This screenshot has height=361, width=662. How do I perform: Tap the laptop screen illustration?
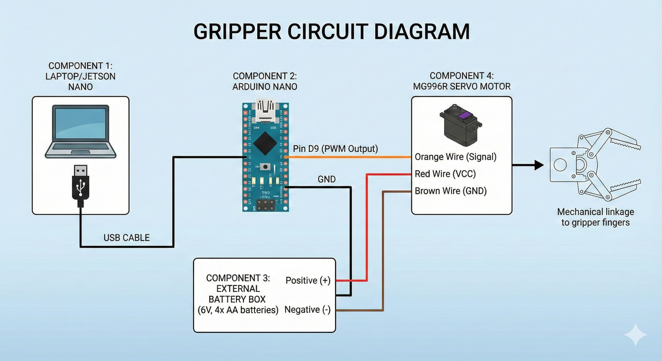tap(80, 123)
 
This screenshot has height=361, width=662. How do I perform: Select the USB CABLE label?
tap(126, 238)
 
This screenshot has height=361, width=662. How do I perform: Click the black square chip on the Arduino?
tap(265, 143)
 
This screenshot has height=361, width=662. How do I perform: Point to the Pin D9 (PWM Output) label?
tap(335, 149)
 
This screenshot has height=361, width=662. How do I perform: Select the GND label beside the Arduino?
tap(326, 179)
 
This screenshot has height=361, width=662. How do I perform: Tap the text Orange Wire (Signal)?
tap(455, 157)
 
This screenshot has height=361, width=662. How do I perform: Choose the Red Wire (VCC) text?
tap(445, 174)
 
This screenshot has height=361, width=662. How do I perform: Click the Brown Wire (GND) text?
tap(451, 191)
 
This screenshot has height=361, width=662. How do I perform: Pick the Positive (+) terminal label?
tap(308, 281)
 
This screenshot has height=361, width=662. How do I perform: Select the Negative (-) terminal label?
tap(307, 310)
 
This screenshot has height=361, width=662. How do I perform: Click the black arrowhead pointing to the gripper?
tap(539, 165)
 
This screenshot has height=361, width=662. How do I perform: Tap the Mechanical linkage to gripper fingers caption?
tap(595, 217)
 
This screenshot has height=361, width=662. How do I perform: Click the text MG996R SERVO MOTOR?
tap(462, 87)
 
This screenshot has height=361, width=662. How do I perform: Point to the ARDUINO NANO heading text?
tap(265, 87)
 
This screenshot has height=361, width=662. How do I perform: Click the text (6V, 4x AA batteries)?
tap(238, 310)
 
